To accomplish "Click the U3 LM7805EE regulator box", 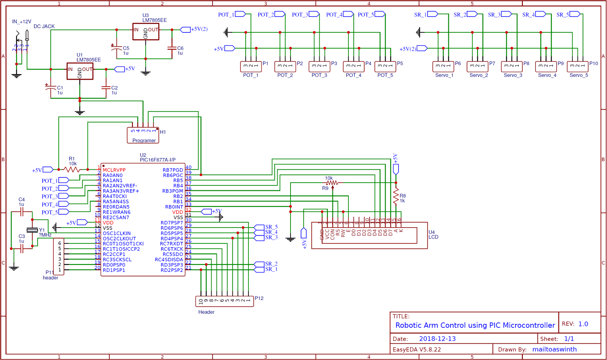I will [146, 32].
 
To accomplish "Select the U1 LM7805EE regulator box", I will [80, 71].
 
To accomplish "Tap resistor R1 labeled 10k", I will [72, 170].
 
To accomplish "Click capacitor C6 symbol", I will [172, 48].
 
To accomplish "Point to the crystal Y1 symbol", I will [32, 230].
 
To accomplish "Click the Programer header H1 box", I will [143, 135].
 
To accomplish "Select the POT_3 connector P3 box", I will [319, 66].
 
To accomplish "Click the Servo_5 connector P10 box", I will [577, 66].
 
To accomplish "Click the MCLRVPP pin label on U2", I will [114, 170].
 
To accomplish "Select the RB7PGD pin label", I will [173, 170].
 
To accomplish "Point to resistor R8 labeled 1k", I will [396, 196].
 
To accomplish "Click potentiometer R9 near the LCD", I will [332, 183].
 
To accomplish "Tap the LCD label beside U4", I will [433, 237].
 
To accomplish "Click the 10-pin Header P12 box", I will [225, 301].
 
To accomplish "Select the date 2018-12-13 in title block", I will [437, 339].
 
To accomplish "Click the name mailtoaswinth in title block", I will [554, 349].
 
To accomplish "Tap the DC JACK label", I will [44, 26].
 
